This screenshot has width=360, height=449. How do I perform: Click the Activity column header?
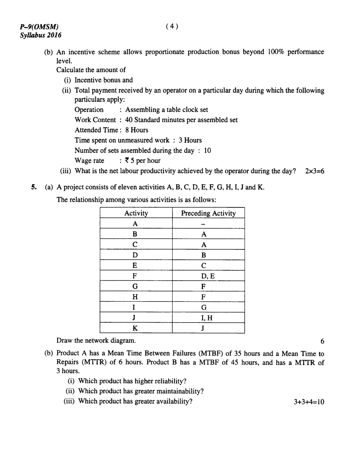coord(136,213)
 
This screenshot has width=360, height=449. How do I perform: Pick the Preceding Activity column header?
coord(208,213)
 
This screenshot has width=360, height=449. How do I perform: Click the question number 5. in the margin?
coord(34,187)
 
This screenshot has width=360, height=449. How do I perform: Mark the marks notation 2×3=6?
coord(314,171)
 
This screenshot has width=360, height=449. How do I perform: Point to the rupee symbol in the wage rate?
coord(127,160)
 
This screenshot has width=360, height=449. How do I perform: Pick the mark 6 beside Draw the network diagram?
coord(322,341)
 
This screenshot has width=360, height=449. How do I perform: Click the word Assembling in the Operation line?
coord(141,110)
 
